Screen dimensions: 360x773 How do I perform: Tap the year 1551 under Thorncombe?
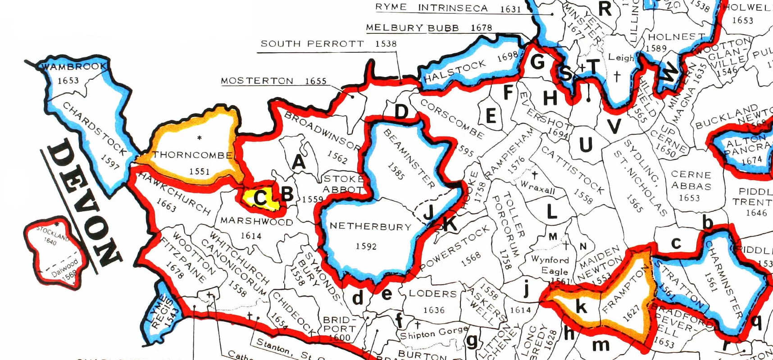point(199,171)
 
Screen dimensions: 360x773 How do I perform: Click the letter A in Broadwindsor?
point(299,162)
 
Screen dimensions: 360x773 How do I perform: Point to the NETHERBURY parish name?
point(371,226)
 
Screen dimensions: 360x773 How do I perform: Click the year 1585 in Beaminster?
point(396,171)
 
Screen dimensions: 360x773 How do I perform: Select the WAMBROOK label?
point(74,67)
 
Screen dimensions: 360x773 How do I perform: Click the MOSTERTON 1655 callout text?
point(273,81)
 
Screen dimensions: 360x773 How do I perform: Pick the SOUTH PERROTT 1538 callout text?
point(328,44)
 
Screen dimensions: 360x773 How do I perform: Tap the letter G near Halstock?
point(537,61)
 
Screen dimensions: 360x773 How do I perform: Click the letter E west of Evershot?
point(491,116)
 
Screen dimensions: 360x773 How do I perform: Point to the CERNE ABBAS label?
point(691,180)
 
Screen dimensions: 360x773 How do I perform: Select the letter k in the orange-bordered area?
point(582,307)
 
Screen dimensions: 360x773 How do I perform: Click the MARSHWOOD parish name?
point(256,222)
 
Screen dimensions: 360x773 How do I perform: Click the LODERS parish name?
point(432,294)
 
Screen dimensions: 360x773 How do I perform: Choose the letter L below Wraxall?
point(551,211)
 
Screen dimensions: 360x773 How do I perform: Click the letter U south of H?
point(585,145)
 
